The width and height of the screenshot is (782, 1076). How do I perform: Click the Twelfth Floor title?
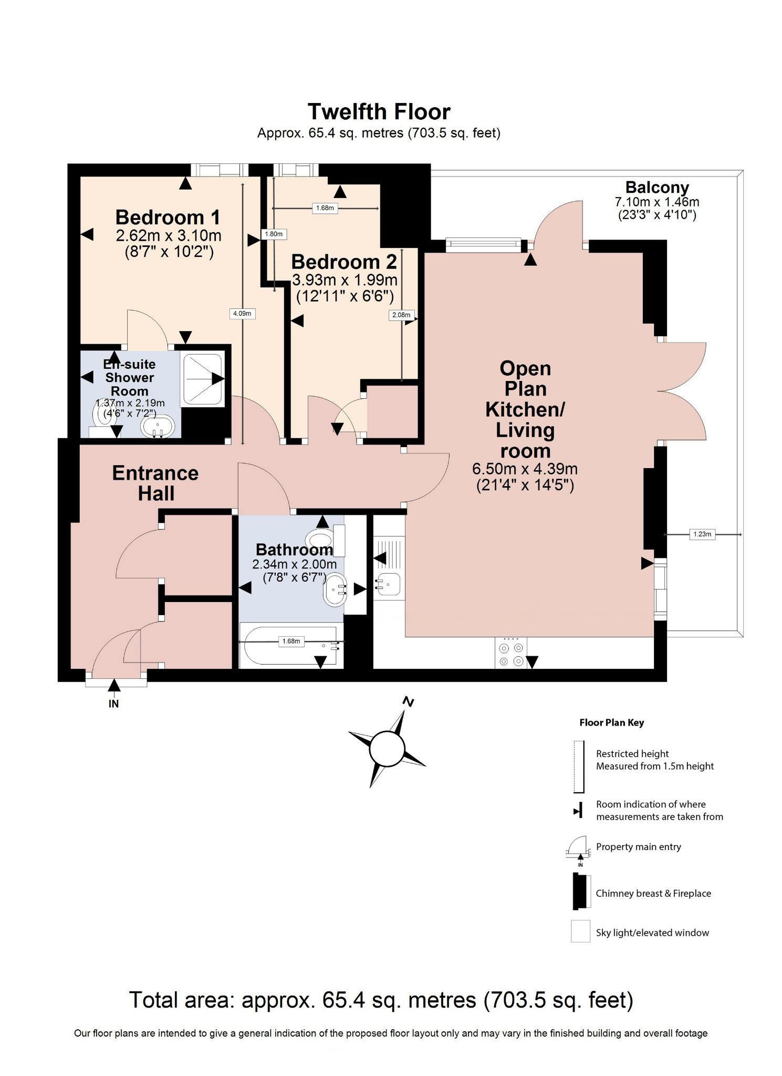(x=379, y=112)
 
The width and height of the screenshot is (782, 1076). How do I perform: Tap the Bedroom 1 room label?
(x=168, y=217)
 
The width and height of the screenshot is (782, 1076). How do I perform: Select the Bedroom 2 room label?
(x=344, y=262)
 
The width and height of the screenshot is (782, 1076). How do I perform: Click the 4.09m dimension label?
(x=242, y=314)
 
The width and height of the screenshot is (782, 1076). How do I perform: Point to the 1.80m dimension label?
(x=274, y=234)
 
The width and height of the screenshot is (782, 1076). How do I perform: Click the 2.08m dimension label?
(x=401, y=315)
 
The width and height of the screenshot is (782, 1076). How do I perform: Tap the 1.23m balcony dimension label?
(x=702, y=534)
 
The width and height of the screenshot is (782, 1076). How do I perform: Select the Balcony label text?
(x=657, y=188)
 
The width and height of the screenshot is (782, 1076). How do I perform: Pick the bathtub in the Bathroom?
(x=290, y=646)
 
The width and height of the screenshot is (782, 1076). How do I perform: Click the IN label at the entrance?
(x=114, y=703)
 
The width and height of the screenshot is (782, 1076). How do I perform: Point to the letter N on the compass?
(x=409, y=701)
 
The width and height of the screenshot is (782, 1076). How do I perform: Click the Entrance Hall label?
(x=155, y=483)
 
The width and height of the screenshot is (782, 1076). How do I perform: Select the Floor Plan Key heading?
(x=611, y=722)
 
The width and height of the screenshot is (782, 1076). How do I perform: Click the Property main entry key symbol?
(x=578, y=847)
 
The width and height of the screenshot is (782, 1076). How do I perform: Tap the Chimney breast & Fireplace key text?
(x=653, y=893)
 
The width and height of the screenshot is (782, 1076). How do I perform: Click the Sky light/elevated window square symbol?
(x=580, y=932)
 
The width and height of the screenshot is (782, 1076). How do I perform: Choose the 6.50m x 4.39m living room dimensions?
(x=525, y=469)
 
